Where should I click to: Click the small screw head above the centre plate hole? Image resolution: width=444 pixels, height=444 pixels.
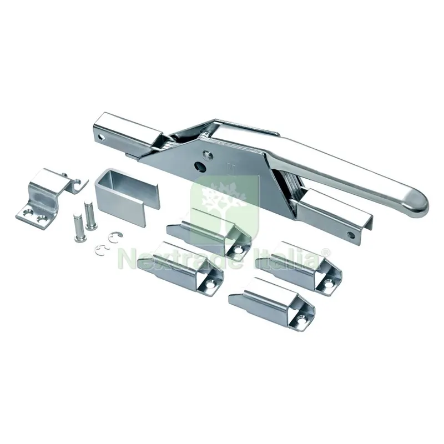(207, 154)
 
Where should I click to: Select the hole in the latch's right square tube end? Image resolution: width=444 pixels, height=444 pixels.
(352, 235)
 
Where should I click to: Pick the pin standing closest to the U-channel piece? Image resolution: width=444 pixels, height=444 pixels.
(90, 215)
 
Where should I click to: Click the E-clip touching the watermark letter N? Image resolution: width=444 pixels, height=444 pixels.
(102, 250)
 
